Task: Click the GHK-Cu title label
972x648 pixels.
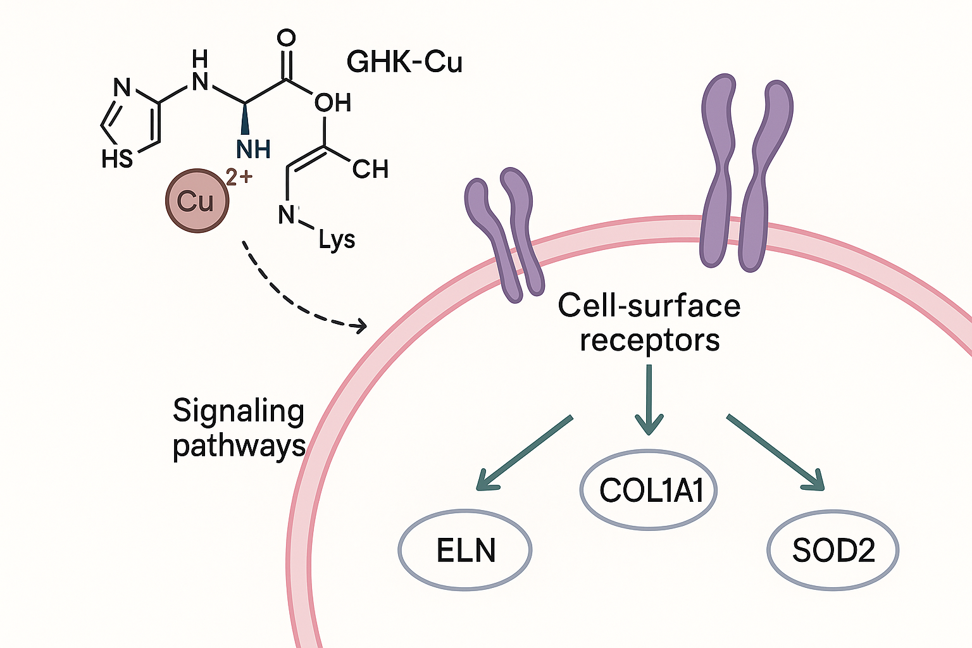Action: pyautogui.click(x=404, y=62)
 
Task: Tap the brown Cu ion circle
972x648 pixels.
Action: pyautogui.click(x=196, y=201)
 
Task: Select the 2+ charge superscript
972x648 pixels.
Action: pyautogui.click(x=239, y=177)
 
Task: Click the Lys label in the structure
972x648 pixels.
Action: pyautogui.click(x=337, y=240)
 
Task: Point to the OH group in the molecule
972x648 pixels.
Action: pyautogui.click(x=333, y=103)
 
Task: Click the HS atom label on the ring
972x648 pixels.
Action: pyautogui.click(x=117, y=159)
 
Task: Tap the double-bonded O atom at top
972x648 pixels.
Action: pyautogui.click(x=287, y=38)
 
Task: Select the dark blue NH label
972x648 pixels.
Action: pyautogui.click(x=254, y=150)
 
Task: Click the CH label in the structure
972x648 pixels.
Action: pyautogui.click(x=370, y=169)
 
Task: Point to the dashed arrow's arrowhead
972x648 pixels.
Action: pyautogui.click(x=361, y=326)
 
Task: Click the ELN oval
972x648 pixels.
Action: pyautogui.click(x=465, y=550)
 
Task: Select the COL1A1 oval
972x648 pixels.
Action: pyautogui.click(x=649, y=490)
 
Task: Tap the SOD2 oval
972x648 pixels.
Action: pyautogui.click(x=833, y=550)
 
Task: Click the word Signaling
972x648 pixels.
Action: pyautogui.click(x=239, y=412)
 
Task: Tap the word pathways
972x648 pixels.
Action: pyautogui.click(x=239, y=446)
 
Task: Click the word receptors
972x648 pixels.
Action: pyautogui.click(x=650, y=340)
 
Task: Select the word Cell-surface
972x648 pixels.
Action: pyautogui.click(x=649, y=306)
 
